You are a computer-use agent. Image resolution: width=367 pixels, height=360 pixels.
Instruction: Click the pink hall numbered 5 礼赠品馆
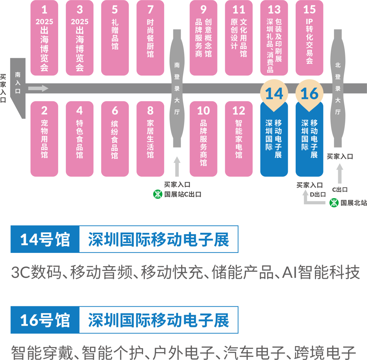[x=115, y=38]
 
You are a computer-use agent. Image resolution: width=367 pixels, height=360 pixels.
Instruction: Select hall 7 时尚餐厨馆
[x=150, y=38]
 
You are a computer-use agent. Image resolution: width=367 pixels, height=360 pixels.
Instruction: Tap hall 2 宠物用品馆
[x=44, y=139]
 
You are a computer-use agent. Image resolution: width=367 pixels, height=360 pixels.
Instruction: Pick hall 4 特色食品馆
[x=80, y=139]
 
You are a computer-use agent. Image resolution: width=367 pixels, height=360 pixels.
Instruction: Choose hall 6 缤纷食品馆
[x=115, y=139]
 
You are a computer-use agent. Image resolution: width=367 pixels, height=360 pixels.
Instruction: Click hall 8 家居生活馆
[x=150, y=139]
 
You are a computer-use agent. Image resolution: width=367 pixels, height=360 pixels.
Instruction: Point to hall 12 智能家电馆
[x=239, y=139]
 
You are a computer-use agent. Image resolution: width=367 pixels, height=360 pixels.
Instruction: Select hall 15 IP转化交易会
[x=310, y=38]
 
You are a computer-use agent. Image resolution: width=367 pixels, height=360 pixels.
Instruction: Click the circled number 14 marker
[x=274, y=93]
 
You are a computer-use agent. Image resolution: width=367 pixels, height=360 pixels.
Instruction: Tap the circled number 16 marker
[x=310, y=93]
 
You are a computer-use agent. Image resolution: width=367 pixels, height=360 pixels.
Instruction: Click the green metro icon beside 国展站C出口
[x=158, y=194]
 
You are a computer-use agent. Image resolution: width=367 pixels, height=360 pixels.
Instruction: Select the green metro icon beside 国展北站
[x=334, y=203]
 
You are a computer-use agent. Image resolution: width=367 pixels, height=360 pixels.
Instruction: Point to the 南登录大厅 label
[x=177, y=88]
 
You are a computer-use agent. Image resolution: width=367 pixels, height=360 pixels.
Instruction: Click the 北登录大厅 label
[x=338, y=88]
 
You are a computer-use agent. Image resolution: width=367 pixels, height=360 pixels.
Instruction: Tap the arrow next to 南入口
[x=38, y=88]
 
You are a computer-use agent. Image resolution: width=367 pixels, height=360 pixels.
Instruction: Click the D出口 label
[x=318, y=194]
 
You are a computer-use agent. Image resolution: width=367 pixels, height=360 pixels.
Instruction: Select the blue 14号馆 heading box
[x=45, y=239]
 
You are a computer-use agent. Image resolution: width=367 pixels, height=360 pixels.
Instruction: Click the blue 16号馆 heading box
[x=45, y=320]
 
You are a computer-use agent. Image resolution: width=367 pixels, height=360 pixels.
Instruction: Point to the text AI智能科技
[x=321, y=272]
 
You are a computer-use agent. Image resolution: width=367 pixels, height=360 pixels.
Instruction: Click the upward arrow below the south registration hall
[x=177, y=167]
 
